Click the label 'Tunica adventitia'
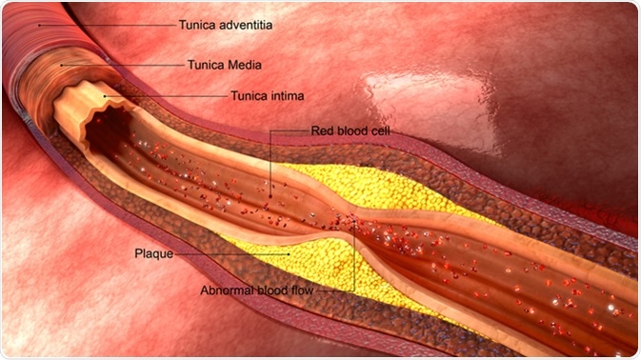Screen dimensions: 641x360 click(x=225, y=26)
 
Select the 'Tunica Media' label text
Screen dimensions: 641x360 click(x=223, y=65)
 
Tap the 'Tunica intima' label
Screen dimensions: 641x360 click(x=269, y=95)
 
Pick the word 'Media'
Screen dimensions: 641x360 click(x=244, y=65)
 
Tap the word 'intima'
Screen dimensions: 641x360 click(x=290, y=95)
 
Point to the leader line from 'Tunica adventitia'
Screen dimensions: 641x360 click(x=105, y=25)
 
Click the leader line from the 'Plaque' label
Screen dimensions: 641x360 click(x=229, y=254)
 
